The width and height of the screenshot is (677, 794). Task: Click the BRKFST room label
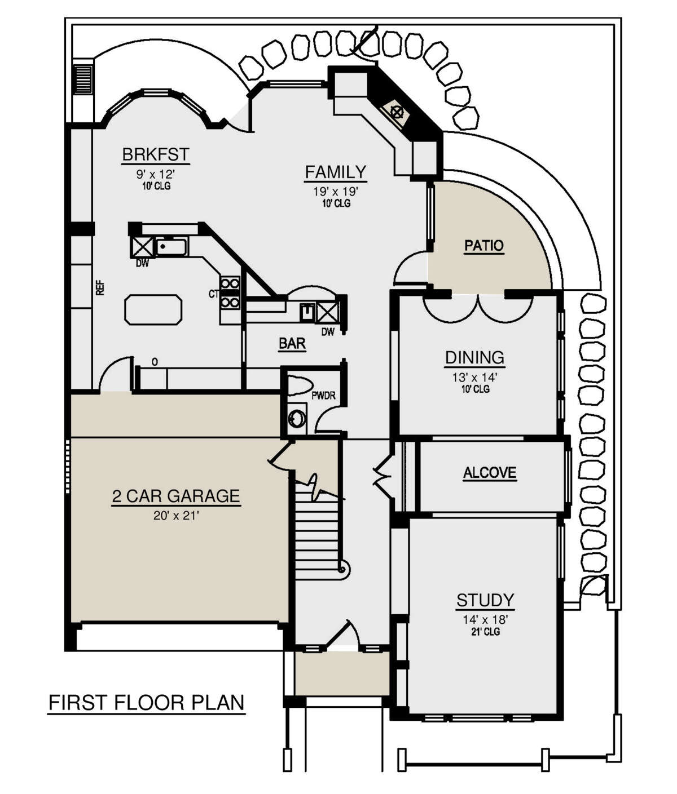156,155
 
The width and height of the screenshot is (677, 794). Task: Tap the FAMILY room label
336,172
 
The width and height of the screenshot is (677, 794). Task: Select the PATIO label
484,246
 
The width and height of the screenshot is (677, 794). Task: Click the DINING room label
474,358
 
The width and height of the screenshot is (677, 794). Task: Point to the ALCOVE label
490,473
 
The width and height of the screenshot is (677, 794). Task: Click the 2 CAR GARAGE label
176,496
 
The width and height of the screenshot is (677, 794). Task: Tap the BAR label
292,343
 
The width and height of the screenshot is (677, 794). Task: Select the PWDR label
323,396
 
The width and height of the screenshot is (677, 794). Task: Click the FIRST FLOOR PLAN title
147,703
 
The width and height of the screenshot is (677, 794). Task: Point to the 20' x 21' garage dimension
176,516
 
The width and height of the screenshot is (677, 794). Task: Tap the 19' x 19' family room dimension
336,191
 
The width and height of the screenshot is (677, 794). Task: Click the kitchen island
153,309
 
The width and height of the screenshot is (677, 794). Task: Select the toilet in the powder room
300,385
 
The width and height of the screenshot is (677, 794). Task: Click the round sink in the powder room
297,419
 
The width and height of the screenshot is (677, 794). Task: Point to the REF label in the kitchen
100,288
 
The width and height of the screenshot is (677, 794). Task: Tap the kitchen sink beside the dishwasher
172,247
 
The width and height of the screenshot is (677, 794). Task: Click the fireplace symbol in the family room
396,112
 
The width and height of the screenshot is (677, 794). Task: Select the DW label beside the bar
328,331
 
